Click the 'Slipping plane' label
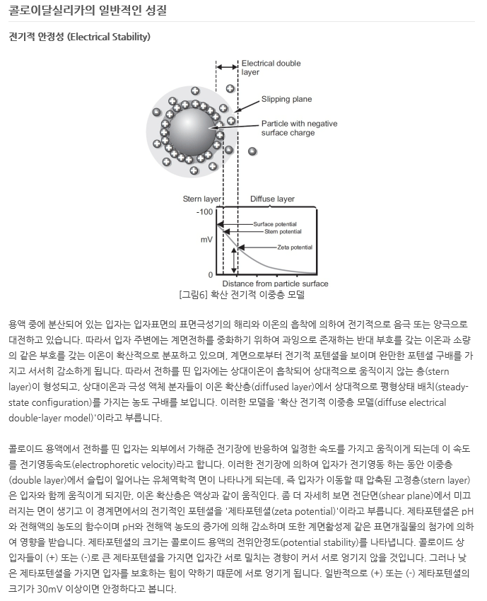point(286,100)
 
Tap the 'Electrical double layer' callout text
point(271,67)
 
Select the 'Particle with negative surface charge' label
point(299,128)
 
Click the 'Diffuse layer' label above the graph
point(272,199)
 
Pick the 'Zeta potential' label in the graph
point(295,247)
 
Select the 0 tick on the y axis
point(210,274)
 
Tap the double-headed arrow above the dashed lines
point(227,67)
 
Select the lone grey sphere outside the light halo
point(252,151)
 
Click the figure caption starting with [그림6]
point(242,294)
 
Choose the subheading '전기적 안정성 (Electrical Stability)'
point(79,36)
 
